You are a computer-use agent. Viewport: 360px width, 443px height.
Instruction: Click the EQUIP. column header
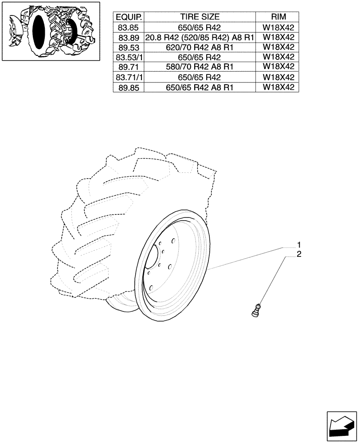coord(129,17)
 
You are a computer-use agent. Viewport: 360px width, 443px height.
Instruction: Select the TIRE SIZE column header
coord(200,17)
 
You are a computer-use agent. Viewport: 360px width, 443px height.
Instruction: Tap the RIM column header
coord(278,17)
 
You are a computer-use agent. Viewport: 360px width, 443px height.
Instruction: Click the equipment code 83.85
coord(129,27)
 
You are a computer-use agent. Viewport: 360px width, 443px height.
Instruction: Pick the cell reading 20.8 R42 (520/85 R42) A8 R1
coord(200,38)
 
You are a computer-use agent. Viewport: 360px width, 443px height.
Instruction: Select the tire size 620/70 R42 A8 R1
coord(200,47)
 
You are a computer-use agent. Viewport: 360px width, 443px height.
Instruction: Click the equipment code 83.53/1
coord(129,58)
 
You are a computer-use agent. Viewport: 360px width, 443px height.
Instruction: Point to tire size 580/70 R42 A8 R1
coord(200,67)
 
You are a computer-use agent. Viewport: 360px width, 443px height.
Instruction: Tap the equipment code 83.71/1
coord(129,78)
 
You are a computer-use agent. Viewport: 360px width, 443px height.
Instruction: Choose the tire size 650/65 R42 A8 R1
coord(200,88)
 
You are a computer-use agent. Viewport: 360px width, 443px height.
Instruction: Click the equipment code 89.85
coord(129,88)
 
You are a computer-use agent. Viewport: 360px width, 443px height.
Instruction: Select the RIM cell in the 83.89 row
coord(278,38)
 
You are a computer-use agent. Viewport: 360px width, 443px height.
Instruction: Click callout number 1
coord(299,245)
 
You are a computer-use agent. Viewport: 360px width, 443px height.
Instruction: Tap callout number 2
coord(299,254)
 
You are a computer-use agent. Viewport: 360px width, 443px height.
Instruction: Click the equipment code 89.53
coord(129,47)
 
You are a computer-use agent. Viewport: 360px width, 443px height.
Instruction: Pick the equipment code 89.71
coord(129,67)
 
